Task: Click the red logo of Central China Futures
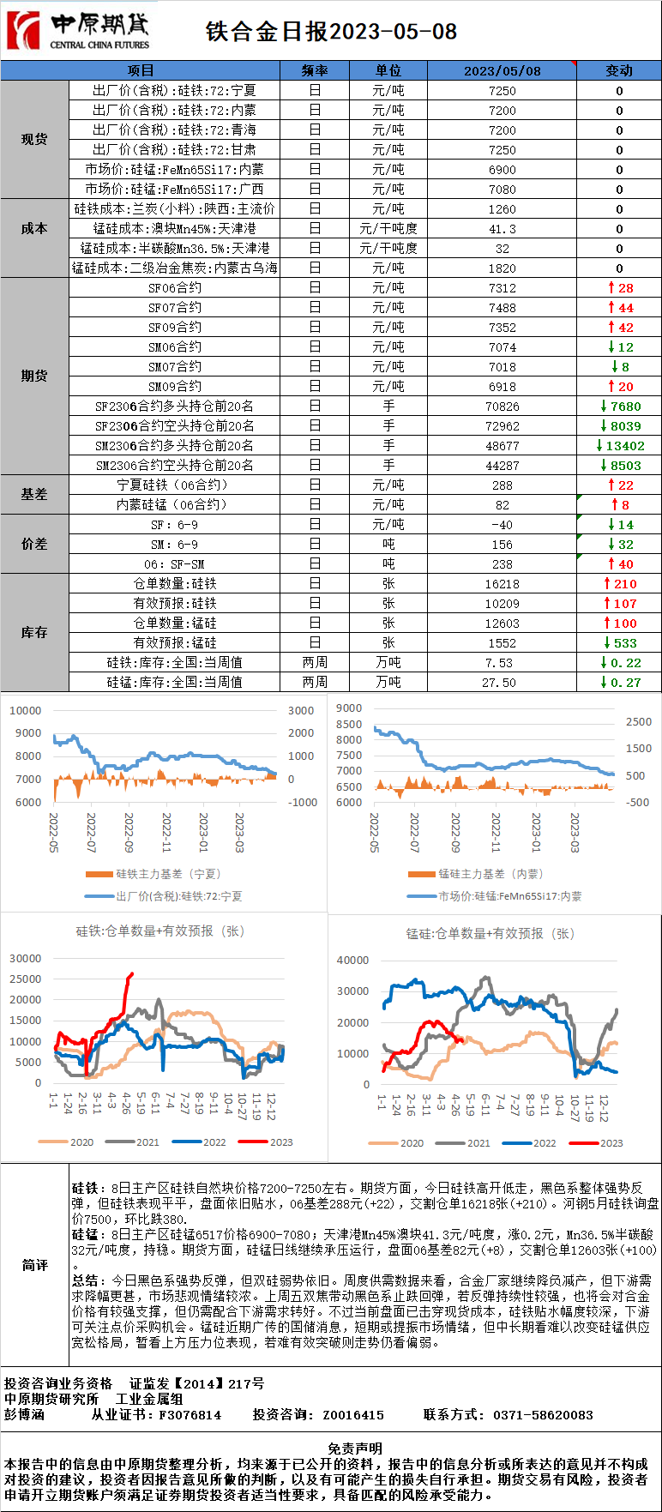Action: click(23, 30)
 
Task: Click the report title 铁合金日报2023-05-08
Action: click(331, 32)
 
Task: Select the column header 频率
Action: click(315, 70)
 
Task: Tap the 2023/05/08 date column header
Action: click(502, 70)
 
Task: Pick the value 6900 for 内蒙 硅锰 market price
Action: click(502, 170)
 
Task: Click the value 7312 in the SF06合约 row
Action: click(502, 288)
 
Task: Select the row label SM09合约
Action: click(175, 387)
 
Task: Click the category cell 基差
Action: click(34, 495)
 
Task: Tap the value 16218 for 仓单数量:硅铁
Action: click(502, 584)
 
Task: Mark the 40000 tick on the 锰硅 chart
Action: click(352, 960)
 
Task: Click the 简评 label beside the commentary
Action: click(34, 1265)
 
